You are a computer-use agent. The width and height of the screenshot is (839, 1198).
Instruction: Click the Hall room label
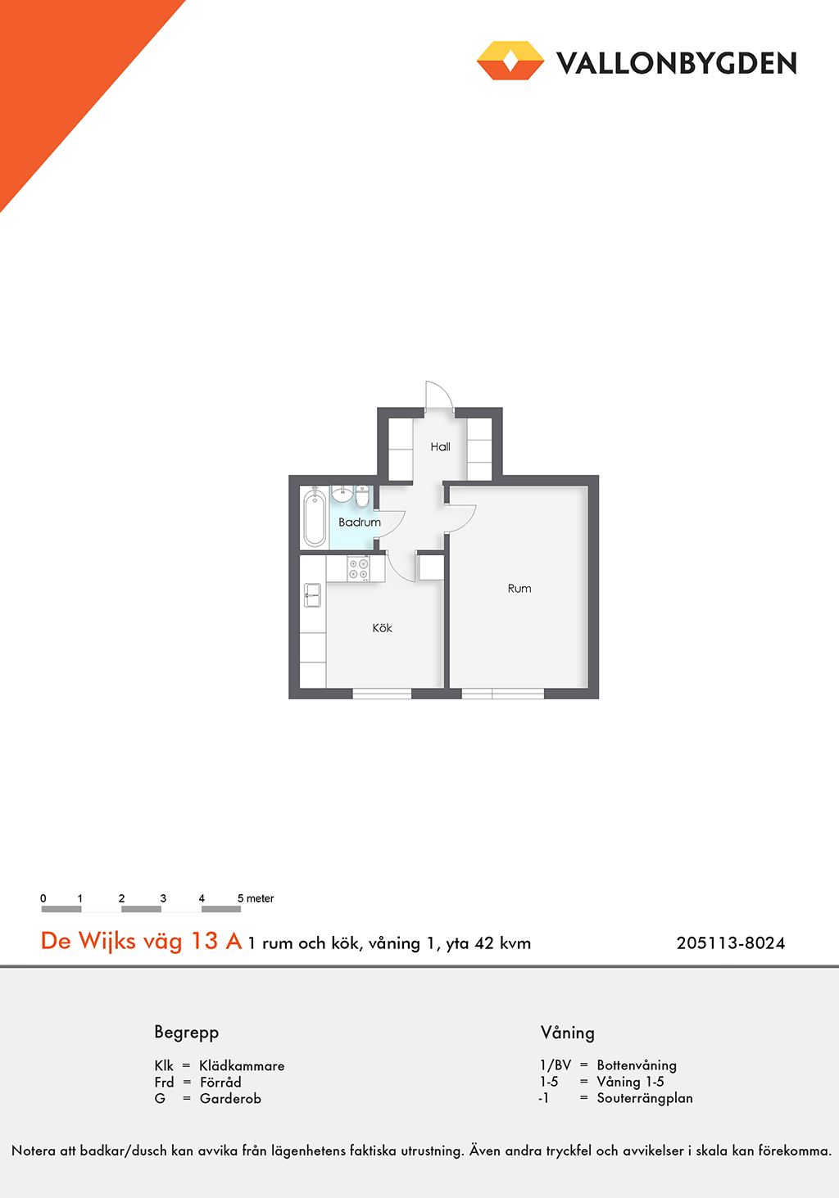pyautogui.click(x=440, y=446)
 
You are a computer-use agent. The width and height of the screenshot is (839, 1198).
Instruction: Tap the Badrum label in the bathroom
pyautogui.click(x=360, y=522)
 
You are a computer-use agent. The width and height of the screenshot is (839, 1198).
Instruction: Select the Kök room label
pyautogui.click(x=382, y=628)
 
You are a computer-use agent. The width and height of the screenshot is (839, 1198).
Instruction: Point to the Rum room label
pyautogui.click(x=519, y=588)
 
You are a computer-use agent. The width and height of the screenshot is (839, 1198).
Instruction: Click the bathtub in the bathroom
pyautogui.click(x=315, y=518)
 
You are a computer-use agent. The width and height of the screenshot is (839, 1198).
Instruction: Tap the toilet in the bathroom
pyautogui.click(x=362, y=495)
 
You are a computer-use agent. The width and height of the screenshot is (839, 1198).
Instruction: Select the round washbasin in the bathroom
pyautogui.click(x=342, y=493)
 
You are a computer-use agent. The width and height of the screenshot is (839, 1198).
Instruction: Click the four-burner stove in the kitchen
pyautogui.click(x=358, y=568)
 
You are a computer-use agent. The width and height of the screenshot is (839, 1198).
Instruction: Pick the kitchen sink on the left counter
pyautogui.click(x=312, y=594)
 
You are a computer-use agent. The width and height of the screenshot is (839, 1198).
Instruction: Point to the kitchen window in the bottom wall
pyautogui.click(x=382, y=694)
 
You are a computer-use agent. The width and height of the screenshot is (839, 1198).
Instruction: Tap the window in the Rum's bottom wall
pyautogui.click(x=502, y=694)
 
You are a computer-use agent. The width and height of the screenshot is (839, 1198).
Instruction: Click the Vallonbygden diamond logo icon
pyautogui.click(x=510, y=61)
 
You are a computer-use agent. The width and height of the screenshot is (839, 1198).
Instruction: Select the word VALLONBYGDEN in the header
pyautogui.click(x=676, y=63)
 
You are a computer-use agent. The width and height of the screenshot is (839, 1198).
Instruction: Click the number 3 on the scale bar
pyautogui.click(x=163, y=898)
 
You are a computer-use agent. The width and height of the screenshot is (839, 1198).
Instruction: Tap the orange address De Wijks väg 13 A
pyautogui.click(x=141, y=941)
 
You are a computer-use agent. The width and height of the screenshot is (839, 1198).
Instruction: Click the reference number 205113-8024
pyautogui.click(x=730, y=943)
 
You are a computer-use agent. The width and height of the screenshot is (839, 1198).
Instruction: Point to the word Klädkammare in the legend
pyautogui.click(x=242, y=1065)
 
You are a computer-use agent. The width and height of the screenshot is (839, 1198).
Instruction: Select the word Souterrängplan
pyautogui.click(x=645, y=1098)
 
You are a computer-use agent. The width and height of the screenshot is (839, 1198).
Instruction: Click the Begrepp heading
pyautogui.click(x=186, y=1033)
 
